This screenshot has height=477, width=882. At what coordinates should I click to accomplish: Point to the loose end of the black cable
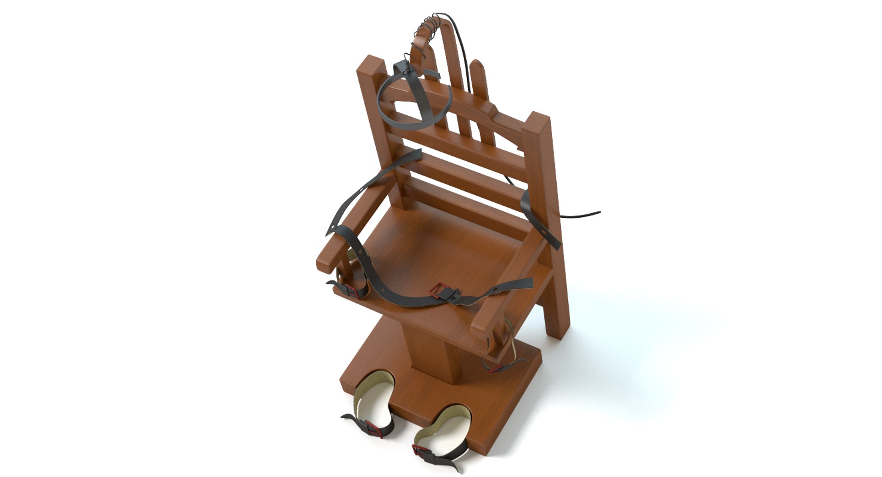coord(598,212)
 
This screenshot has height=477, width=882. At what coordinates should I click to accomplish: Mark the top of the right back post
coord(538,120)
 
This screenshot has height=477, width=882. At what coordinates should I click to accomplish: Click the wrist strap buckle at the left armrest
coord(351,290)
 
